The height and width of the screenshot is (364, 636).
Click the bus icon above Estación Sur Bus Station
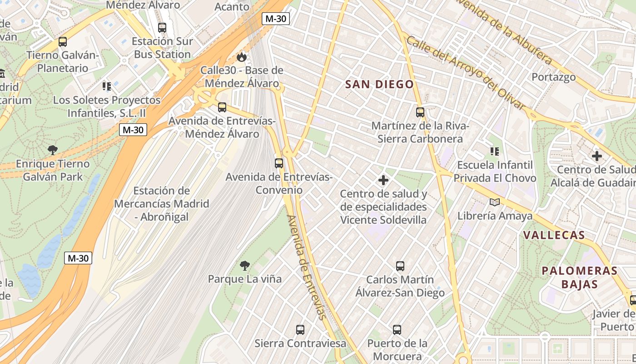coord(162,27)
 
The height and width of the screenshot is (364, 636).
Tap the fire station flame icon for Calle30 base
coord(242,57)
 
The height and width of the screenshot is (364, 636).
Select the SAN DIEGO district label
coord(379,84)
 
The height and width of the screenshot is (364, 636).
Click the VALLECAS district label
coord(554,235)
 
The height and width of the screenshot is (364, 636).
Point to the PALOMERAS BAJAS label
coord(579,278)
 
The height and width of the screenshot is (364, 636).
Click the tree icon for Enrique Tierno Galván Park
coord(53,150)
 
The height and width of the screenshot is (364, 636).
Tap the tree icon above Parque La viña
coord(245,265)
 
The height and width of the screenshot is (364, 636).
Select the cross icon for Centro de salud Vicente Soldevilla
coord(383,180)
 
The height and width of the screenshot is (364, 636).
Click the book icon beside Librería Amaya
coord(494,202)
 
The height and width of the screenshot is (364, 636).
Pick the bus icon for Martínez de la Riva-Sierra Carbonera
coord(420,112)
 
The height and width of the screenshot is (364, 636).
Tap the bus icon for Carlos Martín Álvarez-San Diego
coord(400,266)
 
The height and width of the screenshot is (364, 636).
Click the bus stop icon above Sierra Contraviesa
coord(300,329)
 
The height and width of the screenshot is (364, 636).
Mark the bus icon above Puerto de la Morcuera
coord(397,329)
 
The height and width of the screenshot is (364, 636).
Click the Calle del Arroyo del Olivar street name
coord(466,73)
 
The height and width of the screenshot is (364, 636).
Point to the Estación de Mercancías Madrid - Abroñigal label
coord(161,204)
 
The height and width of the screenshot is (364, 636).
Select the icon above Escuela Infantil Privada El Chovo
coord(494,151)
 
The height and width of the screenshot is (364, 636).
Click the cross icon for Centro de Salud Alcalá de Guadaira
coord(597,156)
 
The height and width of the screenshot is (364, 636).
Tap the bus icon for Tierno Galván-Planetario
coord(63,42)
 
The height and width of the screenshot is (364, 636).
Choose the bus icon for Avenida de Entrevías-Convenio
coord(279,163)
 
